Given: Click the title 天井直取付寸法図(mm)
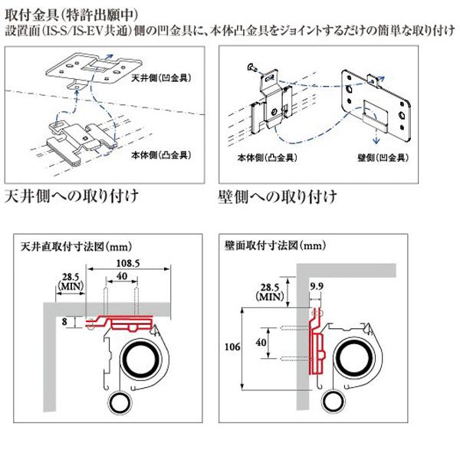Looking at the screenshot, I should pyautogui.click(x=74, y=248).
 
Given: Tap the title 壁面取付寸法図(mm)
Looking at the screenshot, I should pyautogui.click(x=275, y=247).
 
